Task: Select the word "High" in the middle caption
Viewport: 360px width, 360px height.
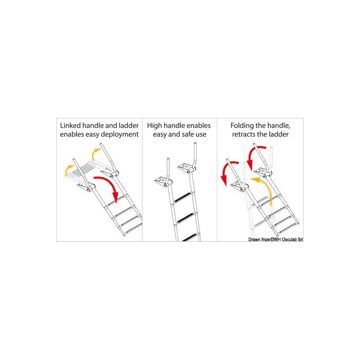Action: click(154, 126)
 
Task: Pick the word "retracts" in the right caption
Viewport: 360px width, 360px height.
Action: click(244, 134)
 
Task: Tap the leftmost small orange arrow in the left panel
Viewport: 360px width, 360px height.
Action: click(68, 170)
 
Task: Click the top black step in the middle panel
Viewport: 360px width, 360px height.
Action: click(183, 197)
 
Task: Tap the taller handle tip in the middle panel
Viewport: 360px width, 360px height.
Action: click(195, 144)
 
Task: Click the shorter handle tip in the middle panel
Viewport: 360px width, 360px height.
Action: click(168, 159)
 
